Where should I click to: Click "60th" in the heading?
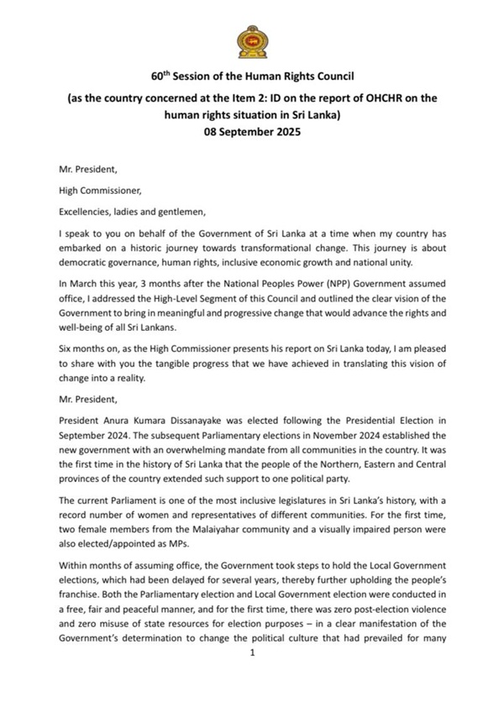161,76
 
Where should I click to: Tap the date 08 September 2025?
252,133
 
